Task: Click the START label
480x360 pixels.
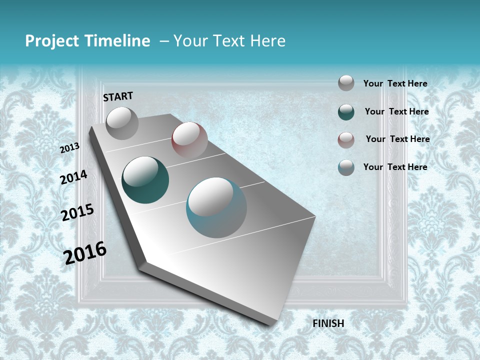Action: [x=118, y=96]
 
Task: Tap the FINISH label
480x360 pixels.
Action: [x=328, y=323]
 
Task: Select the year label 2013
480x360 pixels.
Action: [x=70, y=148]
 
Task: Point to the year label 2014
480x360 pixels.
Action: [x=74, y=177]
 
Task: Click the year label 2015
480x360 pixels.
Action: [x=77, y=212]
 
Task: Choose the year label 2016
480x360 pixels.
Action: [x=85, y=252]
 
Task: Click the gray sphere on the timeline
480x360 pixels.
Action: [x=122, y=123]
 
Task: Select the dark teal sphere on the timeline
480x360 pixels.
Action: [x=145, y=180]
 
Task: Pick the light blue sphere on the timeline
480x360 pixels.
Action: [x=216, y=207]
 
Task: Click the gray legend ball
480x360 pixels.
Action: [x=346, y=83]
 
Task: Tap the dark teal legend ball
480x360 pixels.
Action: [x=346, y=112]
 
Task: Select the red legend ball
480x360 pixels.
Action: [x=346, y=139]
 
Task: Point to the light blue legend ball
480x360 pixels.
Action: [x=346, y=167]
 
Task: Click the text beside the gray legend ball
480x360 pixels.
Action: [x=395, y=83]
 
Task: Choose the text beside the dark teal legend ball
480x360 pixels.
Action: [x=396, y=111]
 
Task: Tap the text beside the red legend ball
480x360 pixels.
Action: [x=397, y=139]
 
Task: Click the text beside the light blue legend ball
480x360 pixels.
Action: [x=395, y=167]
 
